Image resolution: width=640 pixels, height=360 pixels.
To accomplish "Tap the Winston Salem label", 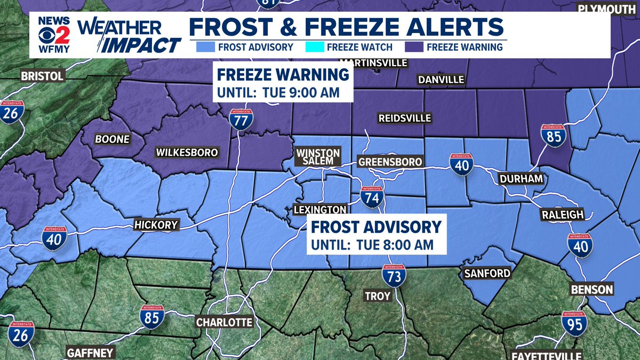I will point(319,157).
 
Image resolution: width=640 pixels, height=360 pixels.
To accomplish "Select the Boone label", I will point(113,139).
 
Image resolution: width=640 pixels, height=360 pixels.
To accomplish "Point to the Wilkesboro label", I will point(187,153).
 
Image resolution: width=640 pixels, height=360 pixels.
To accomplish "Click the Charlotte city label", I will point(224,322).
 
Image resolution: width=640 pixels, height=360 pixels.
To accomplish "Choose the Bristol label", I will point(43,76).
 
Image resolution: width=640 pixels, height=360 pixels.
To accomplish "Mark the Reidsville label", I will point(404,118).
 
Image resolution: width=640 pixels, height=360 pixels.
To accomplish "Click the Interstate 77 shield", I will point(241,120).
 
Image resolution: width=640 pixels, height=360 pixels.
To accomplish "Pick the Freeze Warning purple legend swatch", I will point(414,47).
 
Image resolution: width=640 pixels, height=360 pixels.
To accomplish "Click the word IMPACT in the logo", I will point(142,45).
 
